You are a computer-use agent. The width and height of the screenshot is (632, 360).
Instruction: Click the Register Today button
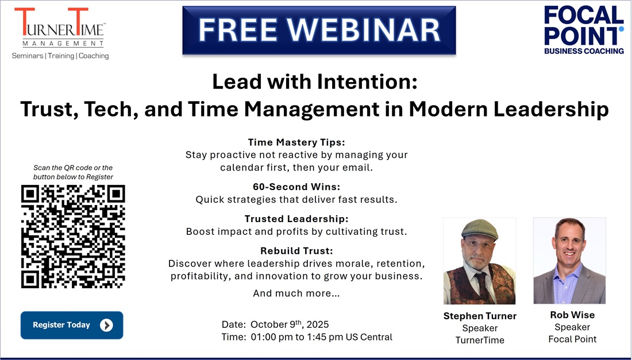coord(72,325)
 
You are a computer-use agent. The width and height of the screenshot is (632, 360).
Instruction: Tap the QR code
coord(72,237)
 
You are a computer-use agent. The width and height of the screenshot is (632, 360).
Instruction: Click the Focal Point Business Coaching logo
coord(584,30)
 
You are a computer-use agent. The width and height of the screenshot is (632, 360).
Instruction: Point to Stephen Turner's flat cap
coord(479,229)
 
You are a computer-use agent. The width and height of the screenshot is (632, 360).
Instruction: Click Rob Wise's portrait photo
coord(569,261)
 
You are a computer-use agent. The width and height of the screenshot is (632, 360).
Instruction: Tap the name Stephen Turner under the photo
coord(480,316)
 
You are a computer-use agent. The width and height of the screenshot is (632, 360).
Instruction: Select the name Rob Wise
coord(572,315)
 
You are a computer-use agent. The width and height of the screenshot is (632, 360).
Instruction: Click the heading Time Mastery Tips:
coord(296,142)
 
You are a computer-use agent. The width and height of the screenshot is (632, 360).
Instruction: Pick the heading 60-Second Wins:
coord(296,187)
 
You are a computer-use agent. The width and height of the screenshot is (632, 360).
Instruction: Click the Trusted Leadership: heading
coord(296,219)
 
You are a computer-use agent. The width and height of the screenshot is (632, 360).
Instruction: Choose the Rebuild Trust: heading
coord(296,251)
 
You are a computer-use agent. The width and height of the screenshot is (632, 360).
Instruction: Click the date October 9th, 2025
coord(290,324)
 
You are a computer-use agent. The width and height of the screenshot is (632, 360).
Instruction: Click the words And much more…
coord(296,293)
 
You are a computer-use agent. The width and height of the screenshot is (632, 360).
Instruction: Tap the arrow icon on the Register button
coord(106,326)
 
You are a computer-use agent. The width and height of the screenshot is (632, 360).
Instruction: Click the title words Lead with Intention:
coord(314,82)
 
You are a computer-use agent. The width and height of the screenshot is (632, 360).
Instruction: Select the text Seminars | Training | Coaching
coord(60,56)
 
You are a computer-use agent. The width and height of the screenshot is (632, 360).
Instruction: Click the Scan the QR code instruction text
coord(73,172)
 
